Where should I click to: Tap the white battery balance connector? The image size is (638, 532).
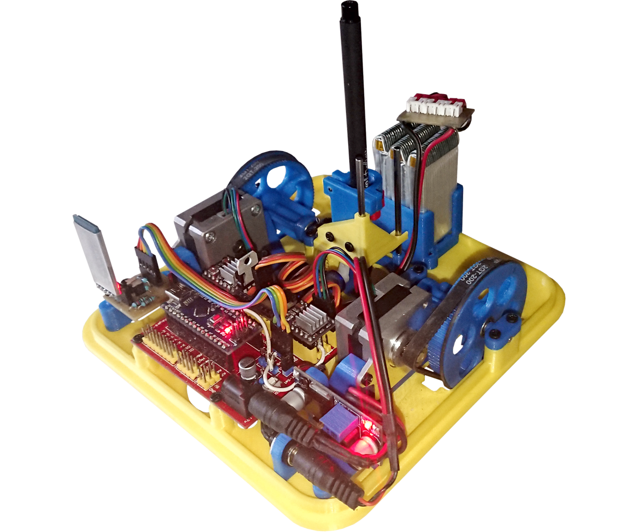436,106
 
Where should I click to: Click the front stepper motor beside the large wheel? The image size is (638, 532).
372,330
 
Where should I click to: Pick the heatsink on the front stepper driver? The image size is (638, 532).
308,321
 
